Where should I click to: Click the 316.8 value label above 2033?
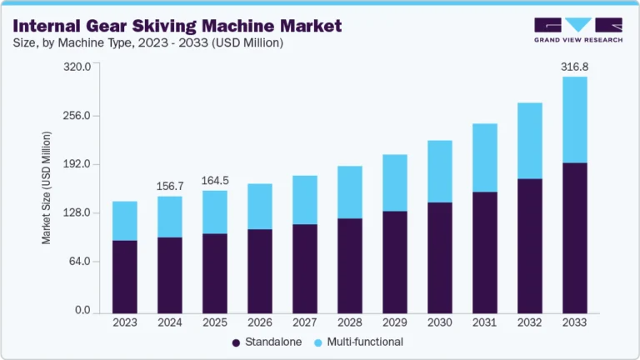(574, 65)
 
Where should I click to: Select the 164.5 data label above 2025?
(214, 179)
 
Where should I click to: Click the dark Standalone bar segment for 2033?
(574, 237)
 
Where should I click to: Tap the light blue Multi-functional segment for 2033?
(574, 119)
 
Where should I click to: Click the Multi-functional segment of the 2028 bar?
(349, 192)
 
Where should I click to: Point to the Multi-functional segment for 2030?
(439, 171)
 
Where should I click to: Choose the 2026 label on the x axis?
(259, 322)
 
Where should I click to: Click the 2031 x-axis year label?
(484, 322)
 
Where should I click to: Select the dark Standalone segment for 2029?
(394, 262)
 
